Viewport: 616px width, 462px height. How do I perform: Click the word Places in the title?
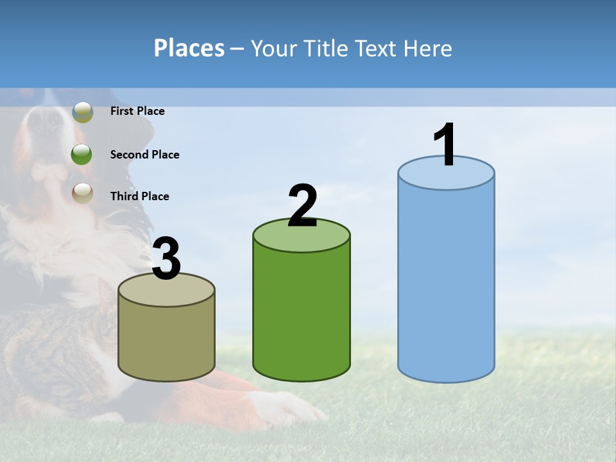pos(189,48)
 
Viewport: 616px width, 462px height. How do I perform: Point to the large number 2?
pos(302,206)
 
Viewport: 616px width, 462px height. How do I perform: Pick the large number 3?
pos(167,259)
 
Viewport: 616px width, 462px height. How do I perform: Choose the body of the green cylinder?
pos(302,308)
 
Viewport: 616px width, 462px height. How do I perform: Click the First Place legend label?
pos(137,111)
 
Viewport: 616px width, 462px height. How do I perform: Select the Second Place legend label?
pos(145,155)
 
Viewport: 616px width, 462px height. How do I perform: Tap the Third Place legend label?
pos(140,196)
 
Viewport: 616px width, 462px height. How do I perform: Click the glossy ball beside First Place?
pos(83,112)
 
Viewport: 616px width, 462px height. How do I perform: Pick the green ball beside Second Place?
pos(81,155)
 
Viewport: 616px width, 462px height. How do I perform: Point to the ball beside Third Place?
pos(82,193)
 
